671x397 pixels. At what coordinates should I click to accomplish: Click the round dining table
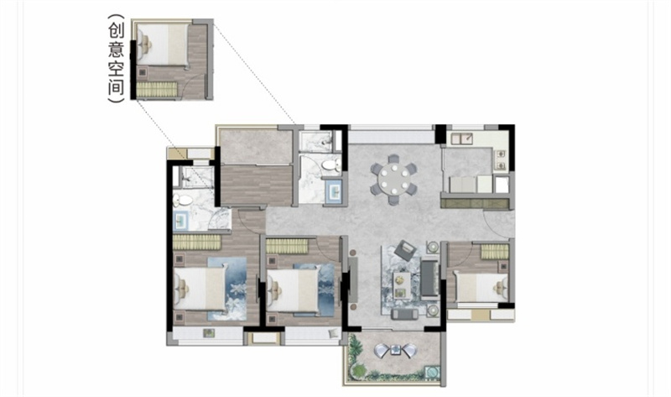[393, 180]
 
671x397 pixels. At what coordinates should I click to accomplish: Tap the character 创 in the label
[116, 31]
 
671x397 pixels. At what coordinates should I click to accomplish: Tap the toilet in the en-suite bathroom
[183, 200]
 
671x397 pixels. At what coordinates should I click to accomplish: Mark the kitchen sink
[461, 138]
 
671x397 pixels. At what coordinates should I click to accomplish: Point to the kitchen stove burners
[500, 159]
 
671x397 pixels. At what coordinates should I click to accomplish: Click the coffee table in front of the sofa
[402, 285]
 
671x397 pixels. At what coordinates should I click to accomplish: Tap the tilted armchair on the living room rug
[404, 250]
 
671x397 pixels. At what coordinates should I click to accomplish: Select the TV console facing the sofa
[353, 279]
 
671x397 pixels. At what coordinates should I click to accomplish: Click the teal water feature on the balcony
[431, 372]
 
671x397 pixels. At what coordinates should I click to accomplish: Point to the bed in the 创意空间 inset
[163, 44]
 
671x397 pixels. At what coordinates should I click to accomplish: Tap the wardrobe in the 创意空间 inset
[157, 89]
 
